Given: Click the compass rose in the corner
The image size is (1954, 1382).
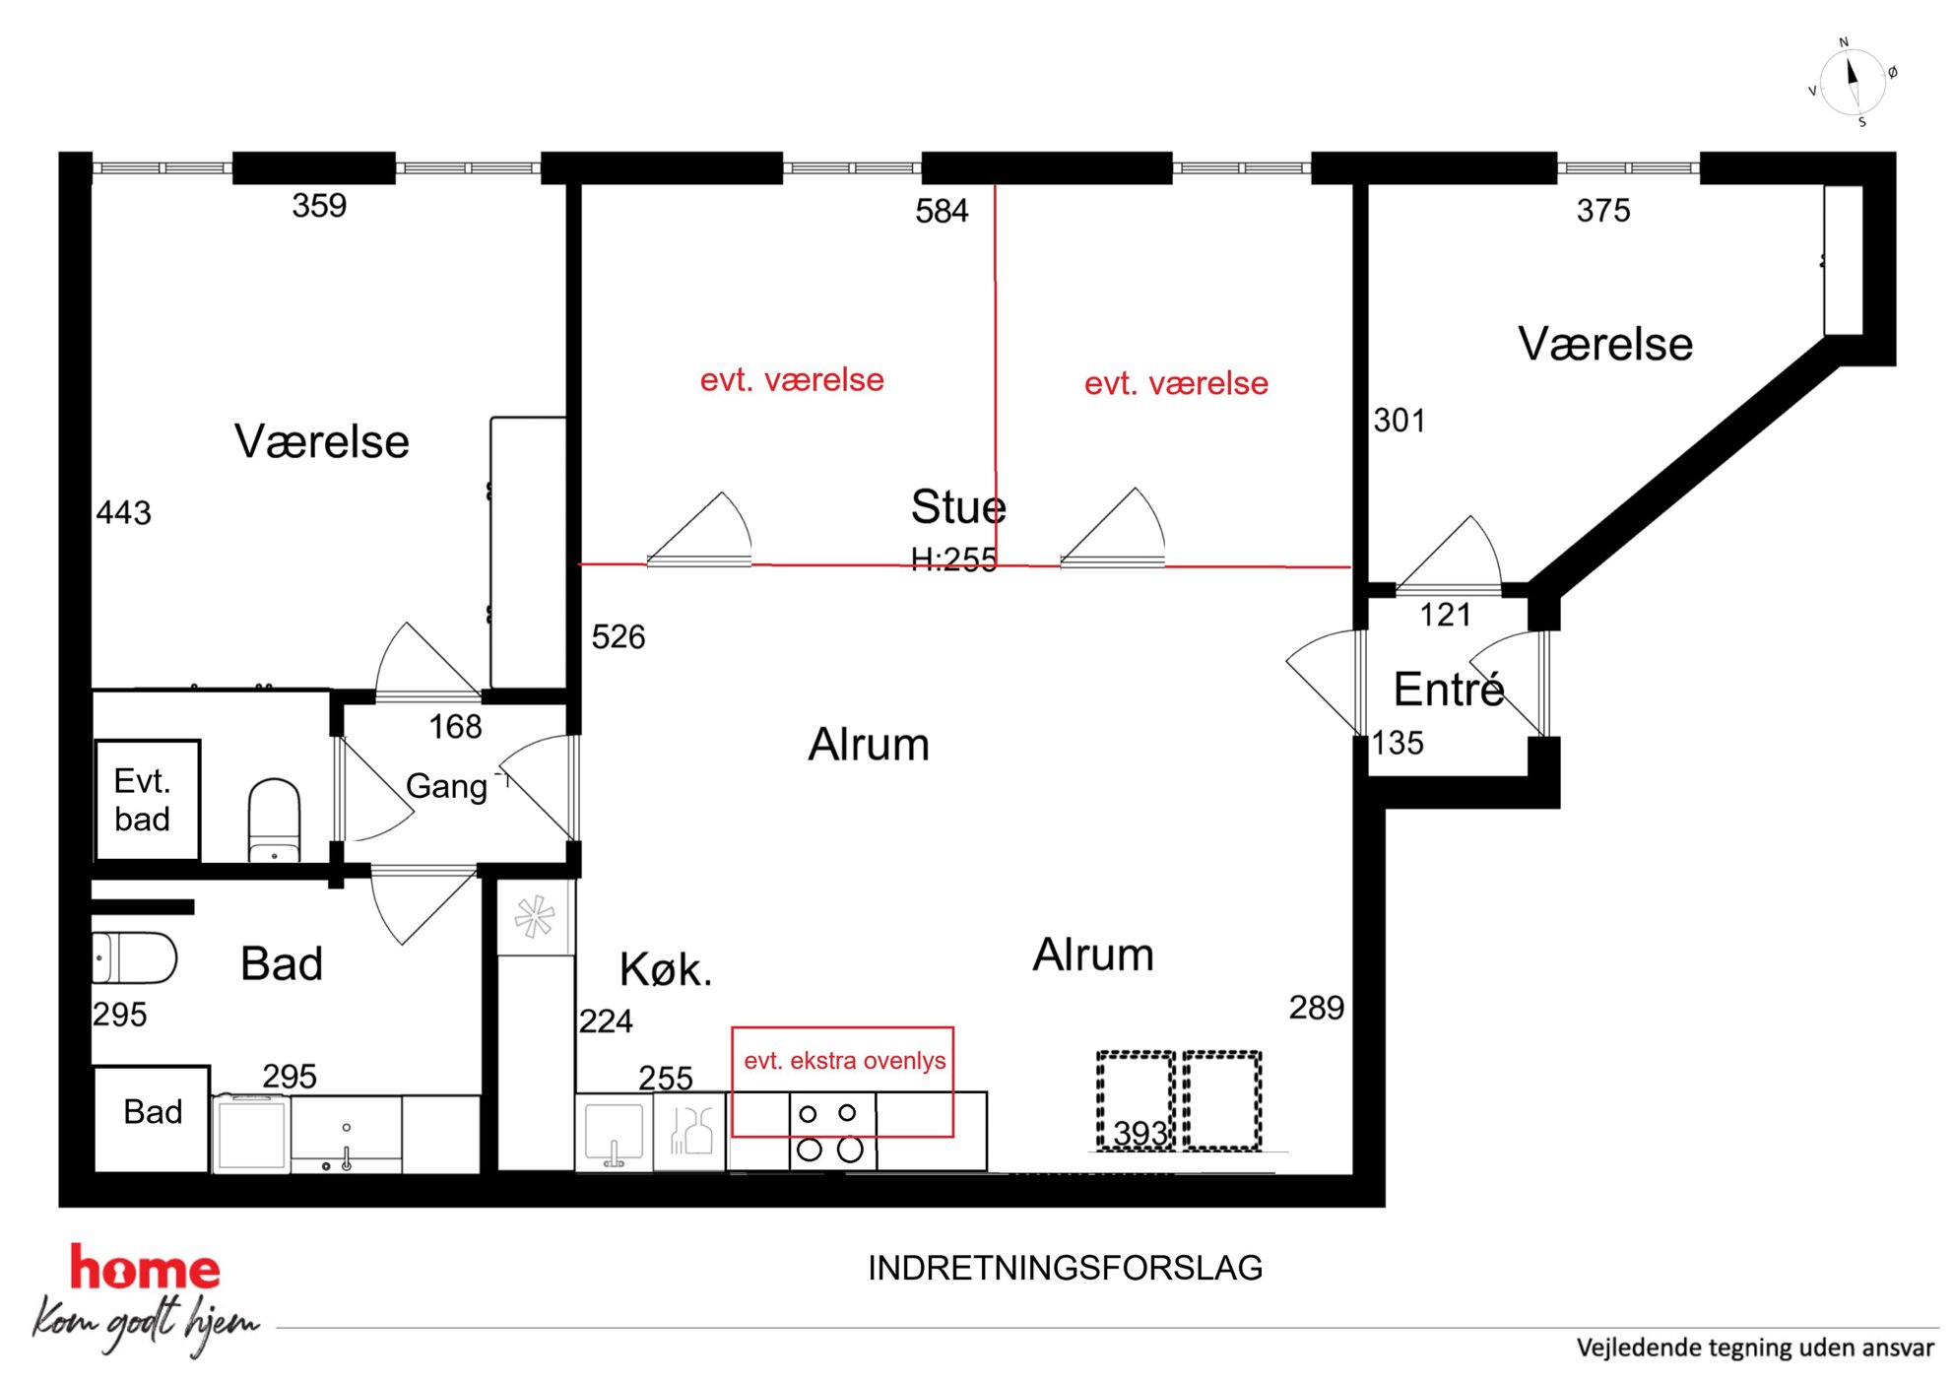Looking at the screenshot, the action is (1853, 83).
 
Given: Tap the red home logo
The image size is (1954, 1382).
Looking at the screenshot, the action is (145, 1268).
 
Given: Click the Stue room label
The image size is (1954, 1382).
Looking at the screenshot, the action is (958, 507).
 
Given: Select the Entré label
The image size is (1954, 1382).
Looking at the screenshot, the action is (1449, 689).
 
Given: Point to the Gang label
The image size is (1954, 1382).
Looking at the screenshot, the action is (446, 786).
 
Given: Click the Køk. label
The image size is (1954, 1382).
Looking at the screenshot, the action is (665, 969).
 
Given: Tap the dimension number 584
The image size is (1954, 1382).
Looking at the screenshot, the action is (942, 211).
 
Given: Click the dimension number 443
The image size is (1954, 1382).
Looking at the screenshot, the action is (124, 512).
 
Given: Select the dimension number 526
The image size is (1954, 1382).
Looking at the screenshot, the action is (619, 636).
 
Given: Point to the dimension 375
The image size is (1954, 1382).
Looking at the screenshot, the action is (1603, 210).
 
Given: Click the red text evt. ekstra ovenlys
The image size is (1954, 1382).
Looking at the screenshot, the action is (844, 1061).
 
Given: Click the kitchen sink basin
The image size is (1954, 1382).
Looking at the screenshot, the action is (614, 1133).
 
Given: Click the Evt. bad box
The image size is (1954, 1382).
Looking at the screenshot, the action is (148, 800).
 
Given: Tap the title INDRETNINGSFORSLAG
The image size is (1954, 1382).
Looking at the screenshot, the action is (1065, 1268).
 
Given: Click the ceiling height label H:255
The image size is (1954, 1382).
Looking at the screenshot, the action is (953, 559).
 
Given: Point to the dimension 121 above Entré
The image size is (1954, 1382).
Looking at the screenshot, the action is (1445, 615).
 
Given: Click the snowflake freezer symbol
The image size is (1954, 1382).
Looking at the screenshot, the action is (535, 916).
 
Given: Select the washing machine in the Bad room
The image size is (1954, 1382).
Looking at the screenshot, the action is (251, 1134).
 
